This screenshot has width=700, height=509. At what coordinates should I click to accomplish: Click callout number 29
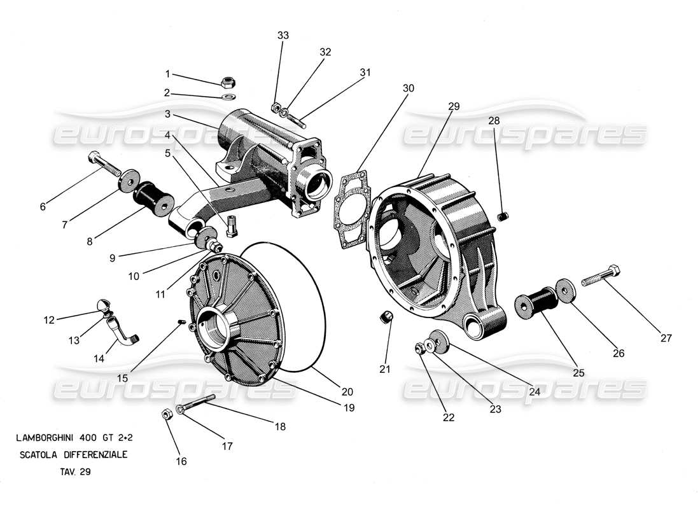coord(452,107)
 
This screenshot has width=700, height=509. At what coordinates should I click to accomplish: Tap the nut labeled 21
coord(386,317)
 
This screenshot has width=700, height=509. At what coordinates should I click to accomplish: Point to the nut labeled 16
coord(166,414)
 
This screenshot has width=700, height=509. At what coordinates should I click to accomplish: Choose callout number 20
coord(347,392)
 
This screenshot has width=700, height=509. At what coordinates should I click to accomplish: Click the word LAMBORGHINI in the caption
coord(45,438)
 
